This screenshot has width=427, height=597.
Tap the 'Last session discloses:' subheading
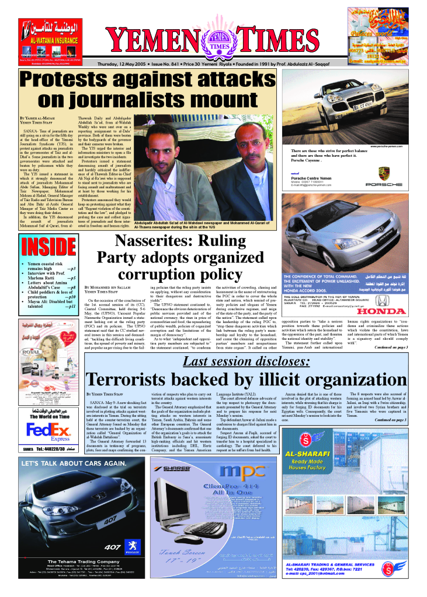pyautogui.click(x=246, y=362)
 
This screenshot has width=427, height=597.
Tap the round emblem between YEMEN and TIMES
pyautogui.click(x=216, y=41)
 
